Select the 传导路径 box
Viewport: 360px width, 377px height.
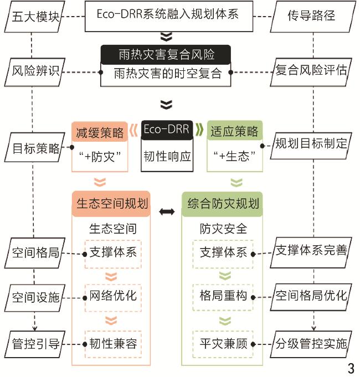tap(312, 15)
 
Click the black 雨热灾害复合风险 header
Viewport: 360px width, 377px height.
tap(166, 55)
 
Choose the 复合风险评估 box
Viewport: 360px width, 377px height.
tap(312, 71)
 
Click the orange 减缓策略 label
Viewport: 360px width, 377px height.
tap(100, 132)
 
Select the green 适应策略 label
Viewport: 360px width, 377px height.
tap(234, 132)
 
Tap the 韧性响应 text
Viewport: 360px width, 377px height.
tap(167, 156)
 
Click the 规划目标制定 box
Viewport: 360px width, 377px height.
tap(312, 144)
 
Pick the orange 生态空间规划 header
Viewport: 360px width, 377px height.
tap(112, 204)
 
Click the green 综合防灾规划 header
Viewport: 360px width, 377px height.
tap(223, 204)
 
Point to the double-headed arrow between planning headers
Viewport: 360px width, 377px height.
tap(167, 212)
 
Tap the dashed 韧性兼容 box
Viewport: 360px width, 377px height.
tap(113, 344)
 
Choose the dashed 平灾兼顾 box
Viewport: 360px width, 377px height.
tap(223, 344)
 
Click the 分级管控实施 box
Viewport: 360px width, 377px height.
tap(312, 344)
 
